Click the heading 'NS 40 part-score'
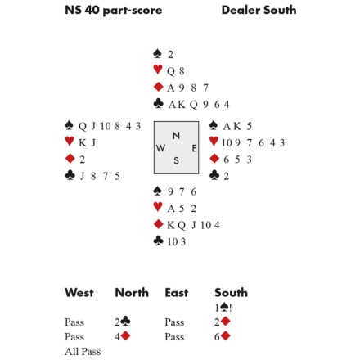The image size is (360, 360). point(114,11)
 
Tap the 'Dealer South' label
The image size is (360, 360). point(259,10)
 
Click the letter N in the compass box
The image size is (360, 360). point(177,136)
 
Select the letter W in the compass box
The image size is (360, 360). point(160,148)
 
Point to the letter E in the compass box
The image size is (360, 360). point(194,148)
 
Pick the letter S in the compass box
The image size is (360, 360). point(177,160)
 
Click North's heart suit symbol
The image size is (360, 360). point(158,70)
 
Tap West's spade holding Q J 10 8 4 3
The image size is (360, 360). point(110,126)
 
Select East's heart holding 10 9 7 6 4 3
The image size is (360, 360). point(253,143)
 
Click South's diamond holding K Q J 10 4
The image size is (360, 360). point(193,225)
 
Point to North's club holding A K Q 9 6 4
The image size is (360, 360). point(199,105)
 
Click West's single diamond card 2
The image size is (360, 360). point(82,160)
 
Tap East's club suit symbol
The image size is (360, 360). point(214,175)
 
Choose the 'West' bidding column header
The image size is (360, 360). point(79,293)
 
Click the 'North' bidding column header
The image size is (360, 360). point(132,293)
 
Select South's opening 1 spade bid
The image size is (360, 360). point(223,308)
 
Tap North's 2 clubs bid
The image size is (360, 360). point(122,322)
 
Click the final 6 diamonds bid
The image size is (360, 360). point(223,336)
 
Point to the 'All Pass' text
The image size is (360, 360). point(83,352)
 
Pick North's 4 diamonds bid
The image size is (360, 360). point(122,336)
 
